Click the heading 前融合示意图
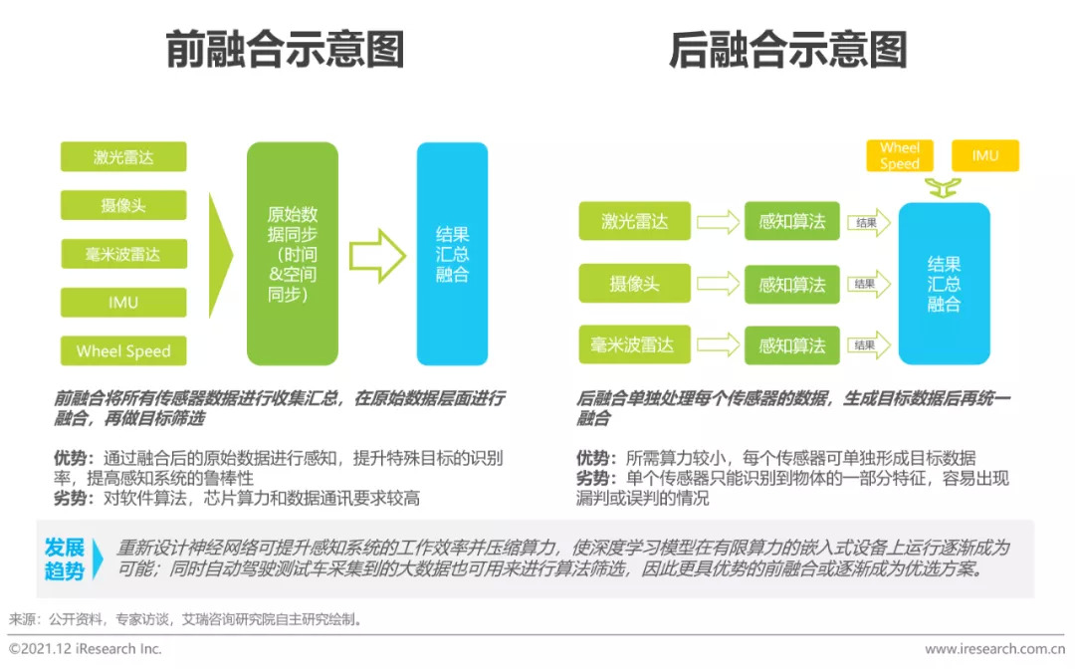285,49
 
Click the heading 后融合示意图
787,49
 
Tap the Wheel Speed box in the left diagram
123,350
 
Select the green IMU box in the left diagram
123,303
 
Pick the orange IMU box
984,155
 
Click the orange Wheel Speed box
899,155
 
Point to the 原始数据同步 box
293,254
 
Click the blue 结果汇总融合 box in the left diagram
452,254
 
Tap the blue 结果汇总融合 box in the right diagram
944,283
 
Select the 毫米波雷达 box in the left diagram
123,254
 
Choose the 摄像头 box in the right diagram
634,284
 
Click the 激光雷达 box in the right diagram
634,221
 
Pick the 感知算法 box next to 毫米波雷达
791,345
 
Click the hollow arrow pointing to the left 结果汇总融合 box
377,256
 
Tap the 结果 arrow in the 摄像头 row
867,284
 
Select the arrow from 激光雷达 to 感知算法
717,221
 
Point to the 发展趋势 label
64,559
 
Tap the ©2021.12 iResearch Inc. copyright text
85,649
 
